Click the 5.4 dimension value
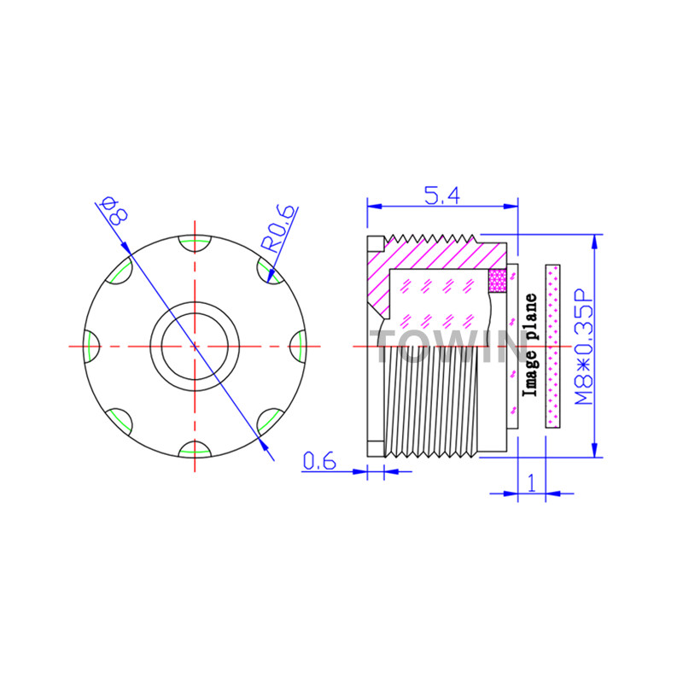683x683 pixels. [442, 196]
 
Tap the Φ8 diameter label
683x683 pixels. [114, 211]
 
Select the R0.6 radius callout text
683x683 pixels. [279, 229]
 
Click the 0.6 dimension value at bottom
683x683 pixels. [319, 461]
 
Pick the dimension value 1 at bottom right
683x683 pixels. [531, 483]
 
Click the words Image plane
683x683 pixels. [531, 345]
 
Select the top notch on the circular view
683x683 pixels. [195, 243]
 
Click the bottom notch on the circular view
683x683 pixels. [195, 450]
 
